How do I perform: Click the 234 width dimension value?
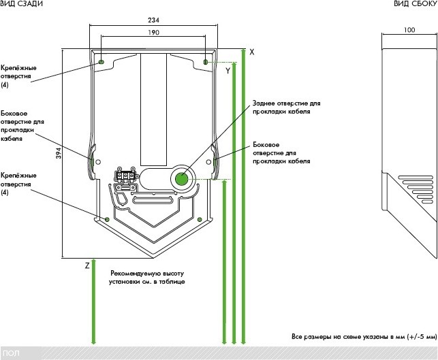tap(154, 20)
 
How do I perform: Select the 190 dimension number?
tap(154, 32)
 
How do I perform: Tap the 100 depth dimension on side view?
tap(409, 30)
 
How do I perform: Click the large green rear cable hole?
tap(181, 179)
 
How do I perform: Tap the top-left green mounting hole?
tap(101, 62)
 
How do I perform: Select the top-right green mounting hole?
tap(206, 62)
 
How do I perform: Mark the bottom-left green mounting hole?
tap(108, 219)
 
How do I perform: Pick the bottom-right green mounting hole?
tap(199, 219)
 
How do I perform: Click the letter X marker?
tap(252, 52)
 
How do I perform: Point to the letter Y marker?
tap(228, 71)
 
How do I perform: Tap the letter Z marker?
tap(87, 265)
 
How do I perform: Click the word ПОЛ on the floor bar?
tap(11, 353)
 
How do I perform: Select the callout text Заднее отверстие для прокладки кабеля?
tap(285, 108)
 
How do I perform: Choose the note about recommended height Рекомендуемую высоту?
tap(146, 277)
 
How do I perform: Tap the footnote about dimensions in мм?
tap(359, 337)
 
